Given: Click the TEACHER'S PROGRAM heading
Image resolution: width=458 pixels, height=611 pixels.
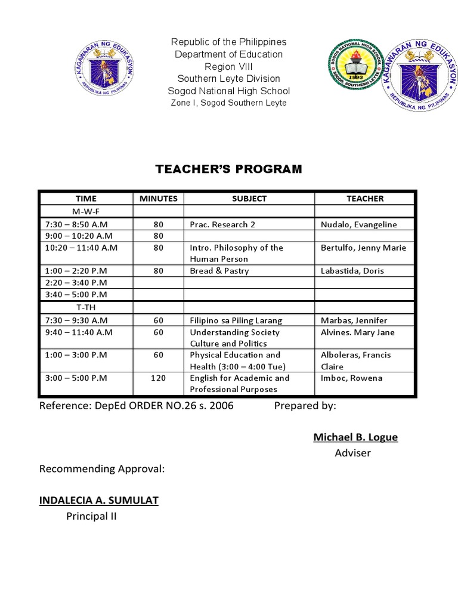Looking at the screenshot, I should tap(229, 169).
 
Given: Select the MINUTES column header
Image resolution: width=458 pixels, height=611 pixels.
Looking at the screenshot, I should tap(158, 199).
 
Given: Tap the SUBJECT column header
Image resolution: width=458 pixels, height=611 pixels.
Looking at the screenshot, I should tap(249, 199).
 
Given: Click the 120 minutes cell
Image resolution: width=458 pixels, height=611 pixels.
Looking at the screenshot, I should tap(158, 378).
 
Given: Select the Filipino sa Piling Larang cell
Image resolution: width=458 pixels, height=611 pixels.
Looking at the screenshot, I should tap(236, 320).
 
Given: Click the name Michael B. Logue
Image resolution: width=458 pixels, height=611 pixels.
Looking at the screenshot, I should tap(355, 437).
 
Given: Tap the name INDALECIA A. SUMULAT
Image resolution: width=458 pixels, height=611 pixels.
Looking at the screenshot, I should tap(99, 500).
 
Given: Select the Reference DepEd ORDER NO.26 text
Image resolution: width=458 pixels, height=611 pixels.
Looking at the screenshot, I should tap(137, 406).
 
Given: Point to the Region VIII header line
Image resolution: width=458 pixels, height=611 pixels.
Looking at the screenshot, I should tap(229, 66).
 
